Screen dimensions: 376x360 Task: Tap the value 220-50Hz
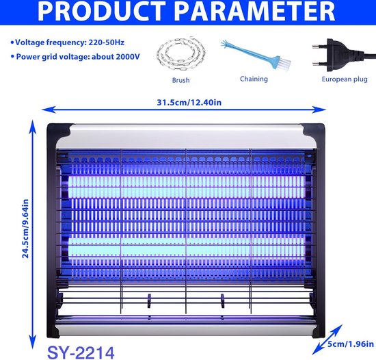pyautogui.click(x=107, y=42)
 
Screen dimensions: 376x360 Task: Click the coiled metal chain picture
pyautogui.click(x=181, y=54)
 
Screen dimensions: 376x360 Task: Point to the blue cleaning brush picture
pyautogui.click(x=256, y=54)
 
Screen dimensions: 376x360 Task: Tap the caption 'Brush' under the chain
pyautogui.click(x=180, y=80)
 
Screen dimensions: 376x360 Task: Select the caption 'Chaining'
pyautogui.click(x=254, y=79)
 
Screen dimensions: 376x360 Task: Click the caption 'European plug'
pyautogui.click(x=345, y=79)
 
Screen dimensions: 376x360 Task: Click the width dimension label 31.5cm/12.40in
pyautogui.click(x=189, y=103)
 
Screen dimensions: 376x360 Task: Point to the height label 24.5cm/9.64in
pyautogui.click(x=25, y=229)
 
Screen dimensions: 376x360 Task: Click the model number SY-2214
pyautogui.click(x=81, y=352)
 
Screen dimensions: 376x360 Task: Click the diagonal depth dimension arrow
pyautogui.click(x=327, y=339)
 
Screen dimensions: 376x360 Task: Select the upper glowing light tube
pyautogui.click(x=187, y=187)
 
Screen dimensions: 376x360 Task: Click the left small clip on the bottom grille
pyautogui.click(x=149, y=300)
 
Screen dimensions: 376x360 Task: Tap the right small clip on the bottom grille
pyautogui.click(x=223, y=300)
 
